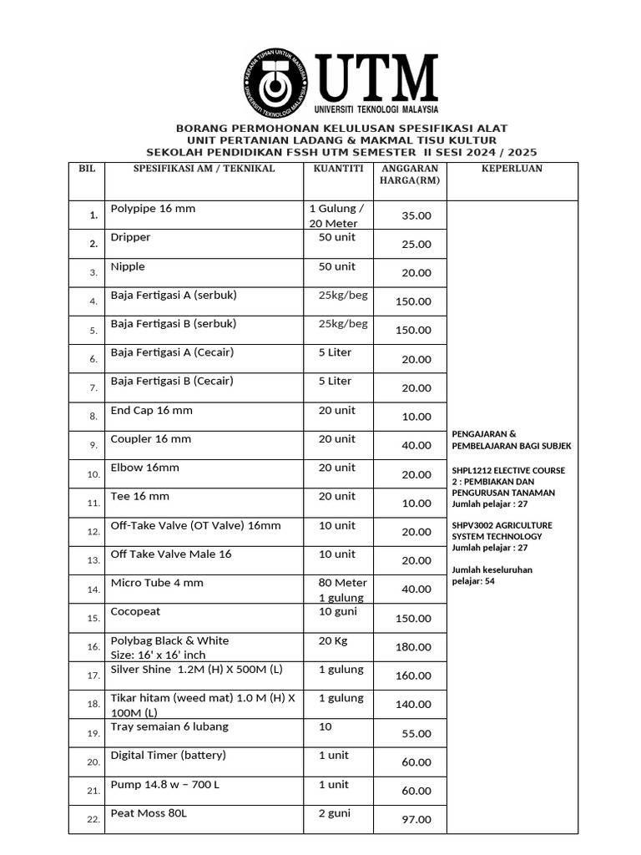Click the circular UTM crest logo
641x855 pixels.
(276, 84)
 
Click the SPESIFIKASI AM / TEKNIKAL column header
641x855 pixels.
(204, 169)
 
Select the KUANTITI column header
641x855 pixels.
(338, 169)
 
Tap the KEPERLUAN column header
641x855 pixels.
(512, 169)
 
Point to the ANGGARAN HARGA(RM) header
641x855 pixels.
(409, 175)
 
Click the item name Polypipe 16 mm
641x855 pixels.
(153, 209)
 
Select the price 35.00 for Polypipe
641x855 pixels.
(416, 215)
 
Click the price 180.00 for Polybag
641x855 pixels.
(413, 647)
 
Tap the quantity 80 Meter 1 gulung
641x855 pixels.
(342, 590)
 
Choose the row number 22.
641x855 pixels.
(93, 820)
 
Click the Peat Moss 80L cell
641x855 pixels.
(148, 813)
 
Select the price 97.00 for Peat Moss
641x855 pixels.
(416, 820)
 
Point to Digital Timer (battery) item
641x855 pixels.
(168, 756)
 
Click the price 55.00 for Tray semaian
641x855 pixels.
(416, 734)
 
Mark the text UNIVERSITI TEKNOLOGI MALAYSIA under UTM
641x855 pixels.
(376, 109)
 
